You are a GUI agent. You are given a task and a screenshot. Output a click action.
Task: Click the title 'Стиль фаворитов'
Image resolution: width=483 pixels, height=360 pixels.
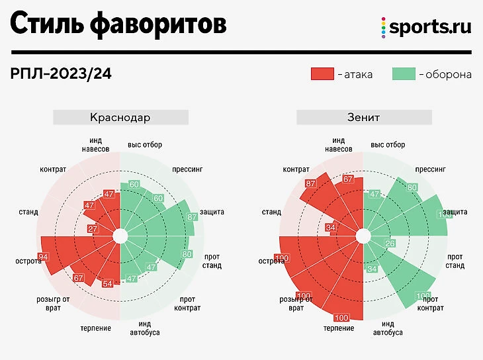coord(118,24)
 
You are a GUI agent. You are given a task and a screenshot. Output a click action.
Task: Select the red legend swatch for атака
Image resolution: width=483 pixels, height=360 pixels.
coord(322,74)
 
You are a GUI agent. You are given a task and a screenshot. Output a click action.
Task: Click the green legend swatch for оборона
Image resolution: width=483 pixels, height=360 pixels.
coord(403,74)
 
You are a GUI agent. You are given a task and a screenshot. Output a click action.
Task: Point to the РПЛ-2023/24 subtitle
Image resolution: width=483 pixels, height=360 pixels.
coord(61,74)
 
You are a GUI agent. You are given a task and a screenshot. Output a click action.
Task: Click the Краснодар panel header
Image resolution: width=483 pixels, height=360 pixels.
coord(120,118)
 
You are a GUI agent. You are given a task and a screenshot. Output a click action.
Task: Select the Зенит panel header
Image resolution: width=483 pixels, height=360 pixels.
coord(363,118)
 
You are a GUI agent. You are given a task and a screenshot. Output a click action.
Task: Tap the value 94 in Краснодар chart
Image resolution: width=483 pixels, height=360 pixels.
coord(44,257)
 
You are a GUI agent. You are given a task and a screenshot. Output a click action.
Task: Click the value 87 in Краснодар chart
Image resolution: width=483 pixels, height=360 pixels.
coord(193,216)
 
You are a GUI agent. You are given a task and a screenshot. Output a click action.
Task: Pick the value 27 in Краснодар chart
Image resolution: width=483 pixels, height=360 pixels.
coord(93,229)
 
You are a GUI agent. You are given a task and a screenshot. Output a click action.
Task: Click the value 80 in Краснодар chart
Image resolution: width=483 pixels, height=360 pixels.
coord(186,254)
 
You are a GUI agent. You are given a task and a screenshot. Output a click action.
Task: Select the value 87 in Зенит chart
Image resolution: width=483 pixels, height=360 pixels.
coord(310,183)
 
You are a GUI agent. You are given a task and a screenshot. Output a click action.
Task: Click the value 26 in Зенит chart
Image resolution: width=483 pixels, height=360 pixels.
coord(390,244)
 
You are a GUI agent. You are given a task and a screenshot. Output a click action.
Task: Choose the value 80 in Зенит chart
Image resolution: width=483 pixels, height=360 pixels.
coord(412,187)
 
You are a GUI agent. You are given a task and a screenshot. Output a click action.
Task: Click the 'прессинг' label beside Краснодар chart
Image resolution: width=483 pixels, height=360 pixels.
coord(187,169)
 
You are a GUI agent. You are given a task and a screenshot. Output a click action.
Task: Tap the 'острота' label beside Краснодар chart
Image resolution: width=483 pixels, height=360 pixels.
coord(28,261)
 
